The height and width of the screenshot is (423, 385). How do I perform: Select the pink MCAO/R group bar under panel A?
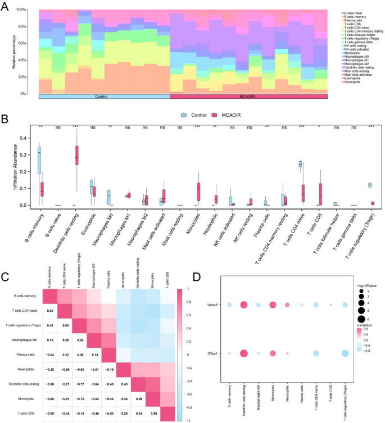tap(248, 97)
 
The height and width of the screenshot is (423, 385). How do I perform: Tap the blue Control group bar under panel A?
tap(104, 97)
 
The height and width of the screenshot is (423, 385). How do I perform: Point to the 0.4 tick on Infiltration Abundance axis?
tap(24, 138)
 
